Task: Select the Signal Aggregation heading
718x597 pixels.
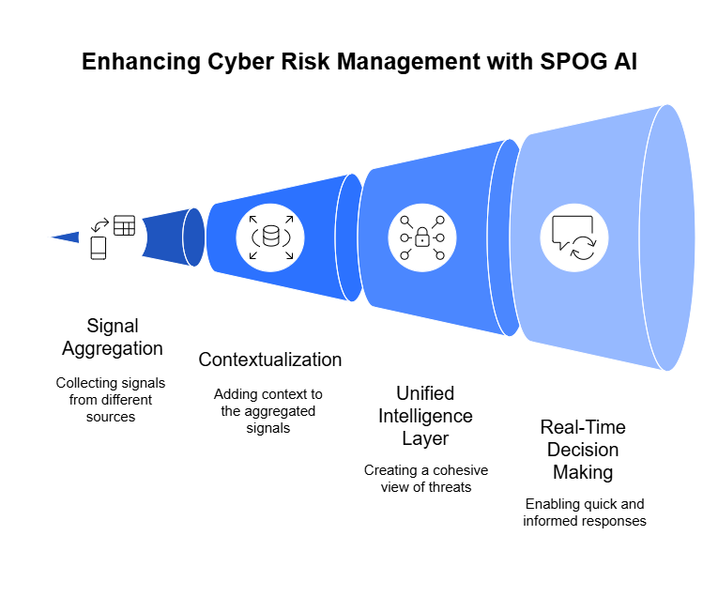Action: tap(113, 337)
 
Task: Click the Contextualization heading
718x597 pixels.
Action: tap(270, 360)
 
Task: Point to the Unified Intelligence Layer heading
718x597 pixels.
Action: tap(425, 416)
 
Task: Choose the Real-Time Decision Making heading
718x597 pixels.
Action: tap(583, 450)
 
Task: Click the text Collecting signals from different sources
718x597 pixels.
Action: tap(111, 400)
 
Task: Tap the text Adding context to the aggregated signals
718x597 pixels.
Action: tap(268, 411)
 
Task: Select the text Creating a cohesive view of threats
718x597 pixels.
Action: tap(426, 479)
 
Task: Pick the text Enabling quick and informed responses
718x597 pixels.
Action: tap(585, 513)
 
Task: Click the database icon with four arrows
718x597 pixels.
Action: tap(270, 237)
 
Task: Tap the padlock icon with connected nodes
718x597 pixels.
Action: tap(422, 237)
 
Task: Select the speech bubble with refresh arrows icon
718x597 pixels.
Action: tap(574, 238)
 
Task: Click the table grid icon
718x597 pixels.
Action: tap(124, 225)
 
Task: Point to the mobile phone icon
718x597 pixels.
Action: tap(99, 248)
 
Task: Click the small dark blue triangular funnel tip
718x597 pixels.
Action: tap(67, 237)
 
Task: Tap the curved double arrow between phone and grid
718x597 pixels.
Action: tap(99, 225)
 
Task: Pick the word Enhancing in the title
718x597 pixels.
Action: tap(141, 62)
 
